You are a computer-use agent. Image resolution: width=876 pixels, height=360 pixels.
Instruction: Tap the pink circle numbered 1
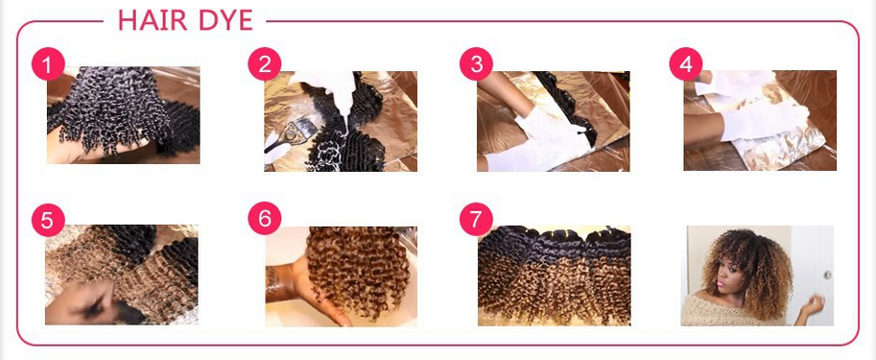click(47, 65)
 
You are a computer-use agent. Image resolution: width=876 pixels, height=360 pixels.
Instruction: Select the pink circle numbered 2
click(264, 64)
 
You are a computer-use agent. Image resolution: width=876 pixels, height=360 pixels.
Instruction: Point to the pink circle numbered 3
click(476, 64)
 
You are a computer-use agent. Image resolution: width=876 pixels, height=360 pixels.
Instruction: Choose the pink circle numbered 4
click(685, 64)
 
